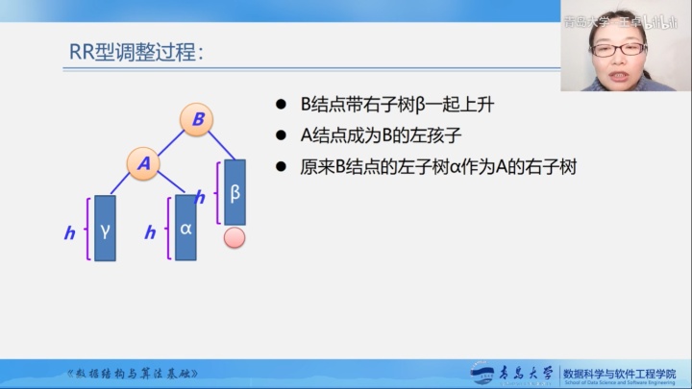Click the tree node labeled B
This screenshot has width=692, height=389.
tap(196, 119)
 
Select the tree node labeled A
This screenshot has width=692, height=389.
tap(144, 163)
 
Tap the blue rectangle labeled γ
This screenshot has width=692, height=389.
tap(105, 230)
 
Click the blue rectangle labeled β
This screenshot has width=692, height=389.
tap(235, 192)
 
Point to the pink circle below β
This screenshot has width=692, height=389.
tap(235, 237)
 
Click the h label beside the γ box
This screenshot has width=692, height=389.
tap(70, 232)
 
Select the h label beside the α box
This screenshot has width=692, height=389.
tap(150, 232)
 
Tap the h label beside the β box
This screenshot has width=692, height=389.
tap(201, 198)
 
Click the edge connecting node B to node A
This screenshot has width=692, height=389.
tap(170, 141)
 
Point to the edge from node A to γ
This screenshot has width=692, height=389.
tap(122, 181)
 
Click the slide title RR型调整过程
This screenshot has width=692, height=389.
tap(136, 53)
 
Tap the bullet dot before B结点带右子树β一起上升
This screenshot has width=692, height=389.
tap(281, 105)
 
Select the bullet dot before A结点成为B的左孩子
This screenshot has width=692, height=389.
tap(281, 135)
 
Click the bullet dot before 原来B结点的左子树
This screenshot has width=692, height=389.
tap(281, 166)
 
